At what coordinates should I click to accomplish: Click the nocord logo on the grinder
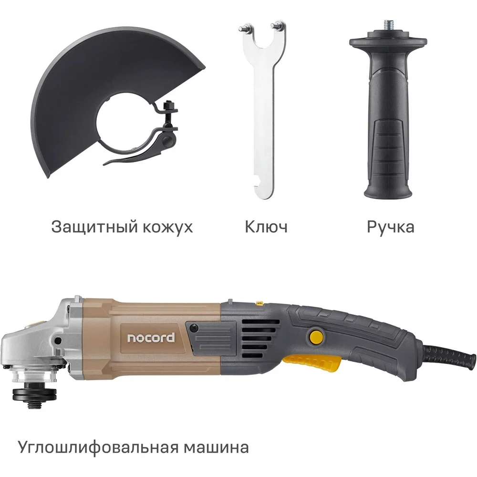click(x=151, y=338)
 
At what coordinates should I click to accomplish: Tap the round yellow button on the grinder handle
click(x=316, y=337)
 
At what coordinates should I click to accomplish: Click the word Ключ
click(x=266, y=227)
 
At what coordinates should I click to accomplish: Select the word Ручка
click(x=390, y=227)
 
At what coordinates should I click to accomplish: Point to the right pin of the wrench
click(x=278, y=24)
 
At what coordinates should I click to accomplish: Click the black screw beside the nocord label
click(x=193, y=328)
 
